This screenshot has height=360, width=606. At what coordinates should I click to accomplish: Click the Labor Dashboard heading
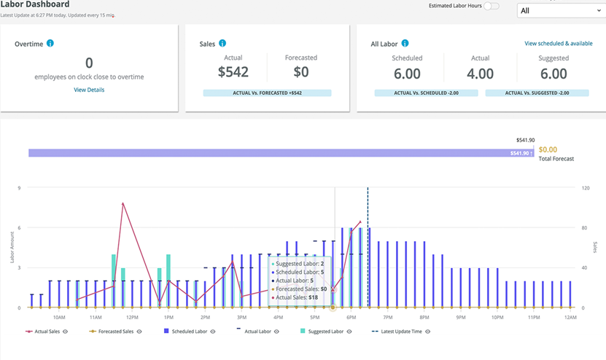[35, 4]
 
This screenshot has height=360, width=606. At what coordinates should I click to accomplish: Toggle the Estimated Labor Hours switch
[492, 6]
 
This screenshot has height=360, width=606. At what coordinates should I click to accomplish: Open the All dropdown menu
[559, 11]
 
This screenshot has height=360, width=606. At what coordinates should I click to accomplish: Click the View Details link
[89, 90]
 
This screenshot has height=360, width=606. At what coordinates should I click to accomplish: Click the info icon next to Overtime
[50, 44]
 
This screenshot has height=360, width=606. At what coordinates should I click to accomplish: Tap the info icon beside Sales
[222, 44]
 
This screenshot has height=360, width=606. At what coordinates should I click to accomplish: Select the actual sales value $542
[233, 72]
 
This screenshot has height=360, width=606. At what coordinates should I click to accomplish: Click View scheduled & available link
[558, 44]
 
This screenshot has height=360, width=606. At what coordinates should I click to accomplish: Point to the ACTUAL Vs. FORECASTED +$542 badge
[267, 93]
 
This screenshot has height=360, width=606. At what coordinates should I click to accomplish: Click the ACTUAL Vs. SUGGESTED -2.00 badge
[537, 93]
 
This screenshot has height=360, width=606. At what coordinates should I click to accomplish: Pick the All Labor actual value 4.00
[480, 74]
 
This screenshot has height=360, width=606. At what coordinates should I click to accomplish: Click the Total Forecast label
[556, 158]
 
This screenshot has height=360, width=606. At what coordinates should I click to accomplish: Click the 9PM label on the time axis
[460, 318]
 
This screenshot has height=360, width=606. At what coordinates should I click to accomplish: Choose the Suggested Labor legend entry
[324, 332]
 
